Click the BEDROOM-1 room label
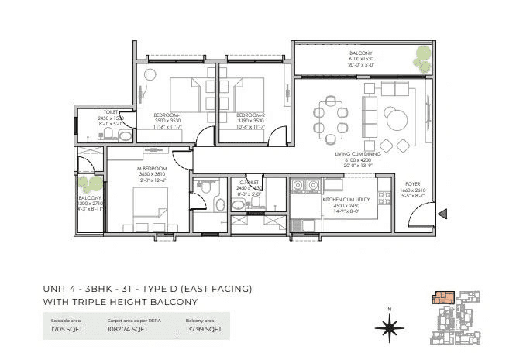point(167,115)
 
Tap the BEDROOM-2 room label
point(250,115)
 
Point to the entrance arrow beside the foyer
point(441,214)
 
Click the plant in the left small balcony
point(91,184)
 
